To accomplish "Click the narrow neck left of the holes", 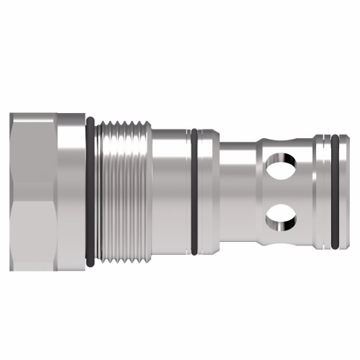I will (234, 191).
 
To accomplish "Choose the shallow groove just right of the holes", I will (306, 191).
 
